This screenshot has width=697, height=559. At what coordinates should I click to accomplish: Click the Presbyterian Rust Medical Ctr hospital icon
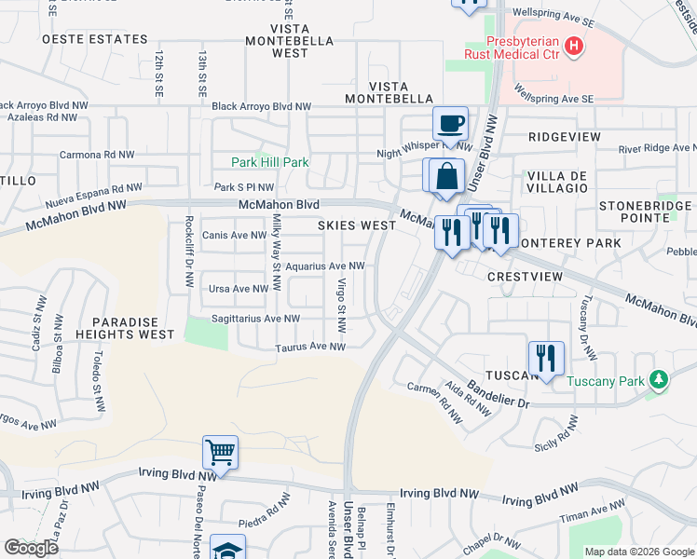point(574,45)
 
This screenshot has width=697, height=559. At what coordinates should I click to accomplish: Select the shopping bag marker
point(447,175)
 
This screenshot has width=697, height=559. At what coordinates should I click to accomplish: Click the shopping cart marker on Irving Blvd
point(220,453)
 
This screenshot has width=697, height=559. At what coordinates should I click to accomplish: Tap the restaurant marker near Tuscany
point(545,358)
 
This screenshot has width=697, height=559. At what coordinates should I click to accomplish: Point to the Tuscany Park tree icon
point(659,379)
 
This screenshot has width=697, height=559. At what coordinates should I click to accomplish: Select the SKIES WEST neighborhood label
point(357,225)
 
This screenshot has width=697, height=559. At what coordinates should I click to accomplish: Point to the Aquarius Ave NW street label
point(324,266)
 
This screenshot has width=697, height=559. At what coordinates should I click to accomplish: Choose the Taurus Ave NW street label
point(310,348)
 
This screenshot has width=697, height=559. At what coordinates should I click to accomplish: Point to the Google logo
point(32,548)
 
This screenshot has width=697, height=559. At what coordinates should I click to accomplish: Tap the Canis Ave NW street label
point(235,235)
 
